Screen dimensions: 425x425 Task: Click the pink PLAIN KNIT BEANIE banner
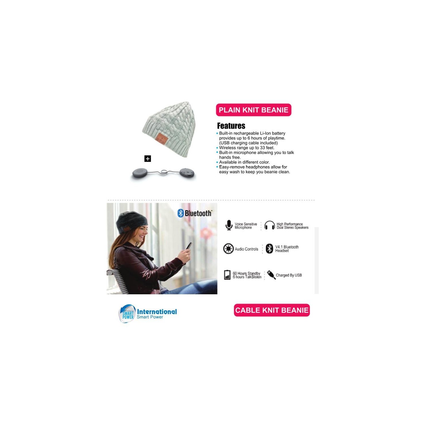point(254,110)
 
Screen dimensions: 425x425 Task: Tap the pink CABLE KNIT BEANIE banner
point(272,310)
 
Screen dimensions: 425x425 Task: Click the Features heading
point(231,126)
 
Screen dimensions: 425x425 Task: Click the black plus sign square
point(148,159)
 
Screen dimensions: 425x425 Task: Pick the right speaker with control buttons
point(187,173)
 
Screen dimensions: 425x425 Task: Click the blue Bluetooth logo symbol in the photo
point(180,213)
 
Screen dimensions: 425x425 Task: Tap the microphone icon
point(229,225)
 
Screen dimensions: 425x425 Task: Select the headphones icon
point(269,225)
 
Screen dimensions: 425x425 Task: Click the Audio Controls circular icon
point(228,249)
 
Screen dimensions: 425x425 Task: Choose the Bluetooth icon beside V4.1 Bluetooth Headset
point(269,249)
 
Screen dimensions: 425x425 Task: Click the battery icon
point(227,275)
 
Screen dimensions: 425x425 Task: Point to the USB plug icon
point(271,275)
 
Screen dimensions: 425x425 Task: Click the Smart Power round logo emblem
point(127,314)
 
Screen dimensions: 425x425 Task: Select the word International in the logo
point(157,312)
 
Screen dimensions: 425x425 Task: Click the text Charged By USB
point(289,275)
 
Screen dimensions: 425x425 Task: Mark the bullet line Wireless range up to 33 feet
point(245,148)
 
